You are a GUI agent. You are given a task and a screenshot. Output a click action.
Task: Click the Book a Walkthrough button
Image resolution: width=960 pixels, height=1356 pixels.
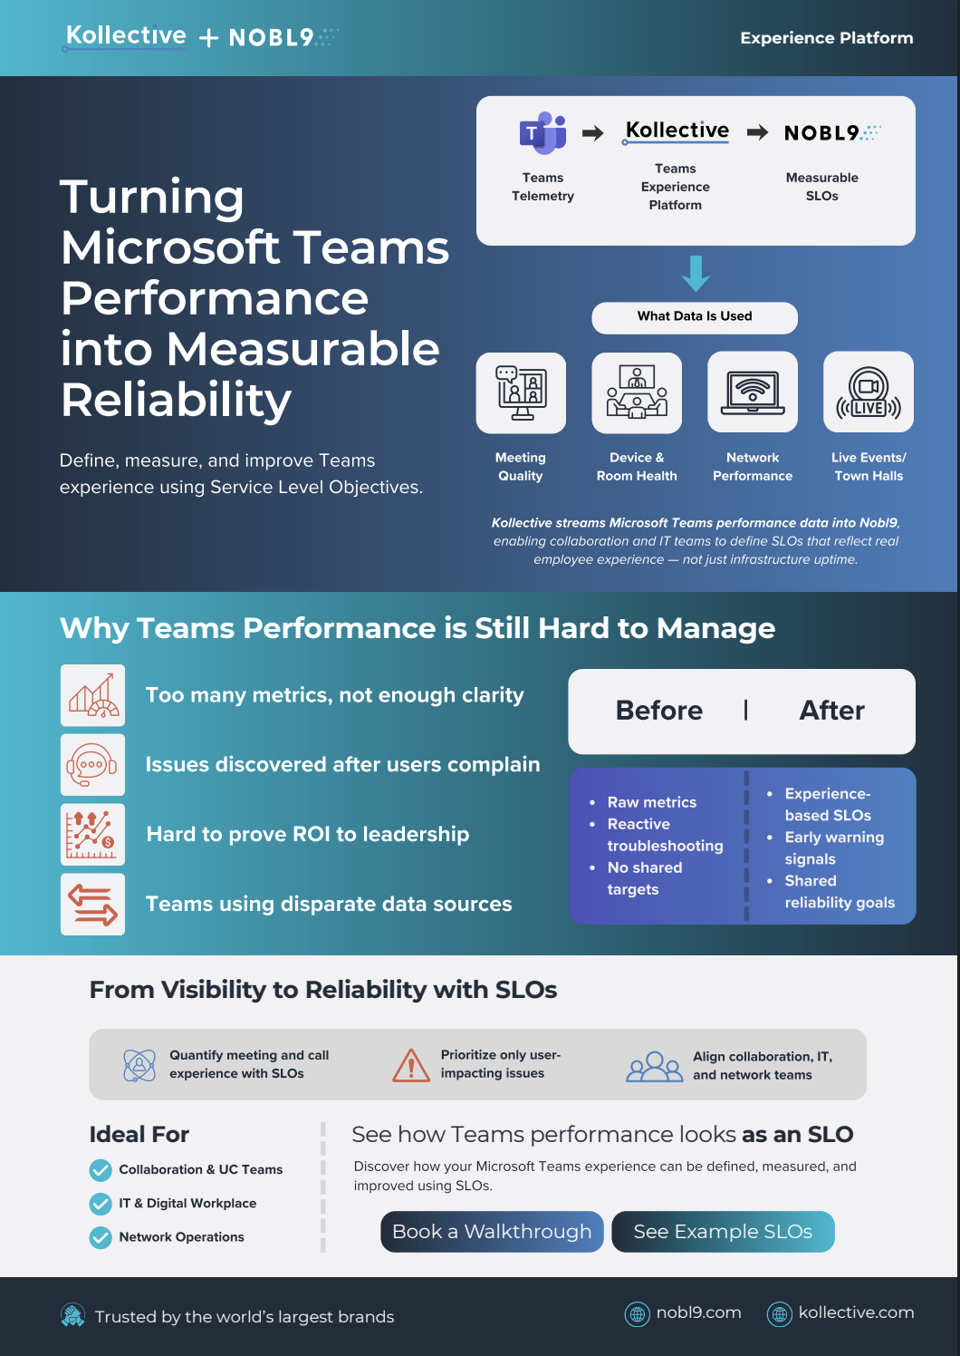[492, 1231]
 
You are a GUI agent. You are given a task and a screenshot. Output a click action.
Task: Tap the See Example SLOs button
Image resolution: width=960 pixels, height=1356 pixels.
[723, 1231]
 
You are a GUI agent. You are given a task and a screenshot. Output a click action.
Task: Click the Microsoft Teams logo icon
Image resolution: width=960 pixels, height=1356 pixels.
[542, 133]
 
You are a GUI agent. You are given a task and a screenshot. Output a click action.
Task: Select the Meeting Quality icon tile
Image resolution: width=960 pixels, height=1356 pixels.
[521, 392]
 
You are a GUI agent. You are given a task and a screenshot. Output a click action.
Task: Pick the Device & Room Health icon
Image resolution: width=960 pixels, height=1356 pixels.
[637, 392]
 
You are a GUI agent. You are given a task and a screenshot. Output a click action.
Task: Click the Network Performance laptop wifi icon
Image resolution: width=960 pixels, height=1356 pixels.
[753, 392]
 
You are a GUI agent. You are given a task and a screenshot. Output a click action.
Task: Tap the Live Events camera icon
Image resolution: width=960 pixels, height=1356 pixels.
[869, 392]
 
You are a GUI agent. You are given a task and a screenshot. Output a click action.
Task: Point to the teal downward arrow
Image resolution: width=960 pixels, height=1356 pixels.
[696, 274]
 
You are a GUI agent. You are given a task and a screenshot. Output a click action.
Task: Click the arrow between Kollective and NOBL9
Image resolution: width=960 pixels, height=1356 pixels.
[757, 132]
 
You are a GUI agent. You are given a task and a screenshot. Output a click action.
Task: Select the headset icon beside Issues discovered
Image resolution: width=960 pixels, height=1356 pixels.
[92, 765]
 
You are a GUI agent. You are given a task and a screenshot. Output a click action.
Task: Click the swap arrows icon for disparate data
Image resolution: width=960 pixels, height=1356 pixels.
[92, 905]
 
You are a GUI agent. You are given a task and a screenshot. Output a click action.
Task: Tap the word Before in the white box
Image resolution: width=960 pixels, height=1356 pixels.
[658, 711]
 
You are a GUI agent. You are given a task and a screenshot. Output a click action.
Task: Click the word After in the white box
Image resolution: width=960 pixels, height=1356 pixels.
[831, 711]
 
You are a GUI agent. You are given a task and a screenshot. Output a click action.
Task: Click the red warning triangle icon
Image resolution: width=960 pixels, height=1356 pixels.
[411, 1065]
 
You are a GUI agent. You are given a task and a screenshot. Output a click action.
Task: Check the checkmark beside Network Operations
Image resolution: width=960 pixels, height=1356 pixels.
[101, 1238]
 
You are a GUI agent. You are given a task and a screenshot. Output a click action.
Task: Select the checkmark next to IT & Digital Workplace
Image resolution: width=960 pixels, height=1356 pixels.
[101, 1204]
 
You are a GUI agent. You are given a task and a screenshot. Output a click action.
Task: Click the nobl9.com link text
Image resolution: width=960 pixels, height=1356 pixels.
[698, 1312]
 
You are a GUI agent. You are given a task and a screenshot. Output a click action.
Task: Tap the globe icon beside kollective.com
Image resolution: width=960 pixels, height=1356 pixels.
[779, 1314]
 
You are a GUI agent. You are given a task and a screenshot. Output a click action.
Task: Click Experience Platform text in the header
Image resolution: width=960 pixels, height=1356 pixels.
[826, 38]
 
